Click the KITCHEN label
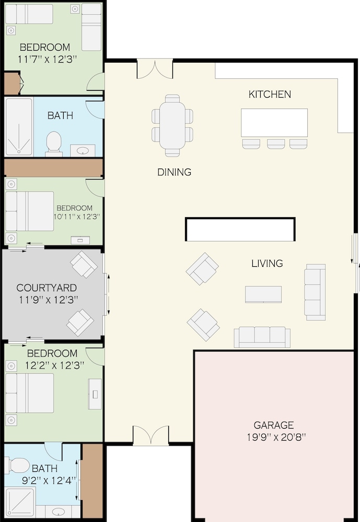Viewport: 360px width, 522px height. [x=270, y=94]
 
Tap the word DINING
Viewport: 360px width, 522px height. [x=175, y=172]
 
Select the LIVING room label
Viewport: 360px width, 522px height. [x=267, y=263]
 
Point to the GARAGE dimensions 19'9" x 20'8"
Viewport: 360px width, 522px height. [x=276, y=437]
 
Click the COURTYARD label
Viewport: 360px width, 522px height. [x=47, y=288]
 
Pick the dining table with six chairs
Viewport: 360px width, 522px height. [x=172, y=125]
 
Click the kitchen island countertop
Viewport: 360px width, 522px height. [x=274, y=123]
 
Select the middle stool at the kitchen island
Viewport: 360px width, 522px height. [x=276, y=144]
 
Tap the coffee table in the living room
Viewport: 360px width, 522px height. [x=263, y=294]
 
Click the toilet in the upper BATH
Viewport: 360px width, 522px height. [x=54, y=144]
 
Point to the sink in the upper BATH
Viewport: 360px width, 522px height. [x=83, y=151]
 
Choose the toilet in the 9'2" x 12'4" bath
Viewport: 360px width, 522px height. [x=17, y=465]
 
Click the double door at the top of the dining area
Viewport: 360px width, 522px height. [x=155, y=69]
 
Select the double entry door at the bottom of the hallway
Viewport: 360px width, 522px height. [x=151, y=435]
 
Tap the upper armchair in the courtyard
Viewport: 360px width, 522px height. [x=84, y=265]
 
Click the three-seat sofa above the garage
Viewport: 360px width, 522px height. [x=262, y=337]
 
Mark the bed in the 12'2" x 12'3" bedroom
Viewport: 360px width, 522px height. [x=30, y=393]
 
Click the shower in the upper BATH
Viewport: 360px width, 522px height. [x=19, y=127]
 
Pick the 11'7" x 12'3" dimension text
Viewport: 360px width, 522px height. [x=48, y=60]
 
